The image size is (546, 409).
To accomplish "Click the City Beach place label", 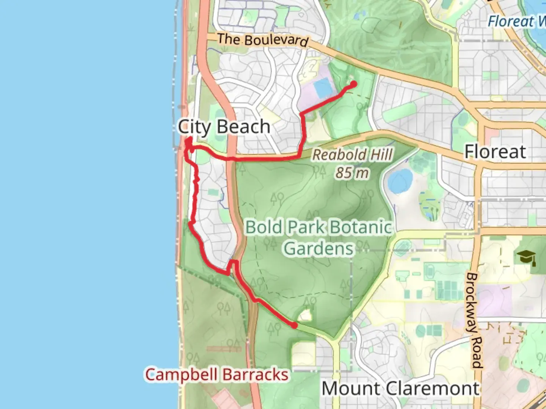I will pos(224,126).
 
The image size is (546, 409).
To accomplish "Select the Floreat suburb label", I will pos(495,151).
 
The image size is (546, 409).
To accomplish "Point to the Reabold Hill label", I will pos(353,155).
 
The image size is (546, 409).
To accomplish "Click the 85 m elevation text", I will pos(352,173).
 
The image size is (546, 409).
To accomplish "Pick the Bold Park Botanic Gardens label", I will pos(318,238).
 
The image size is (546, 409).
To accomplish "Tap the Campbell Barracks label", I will pos(217,375).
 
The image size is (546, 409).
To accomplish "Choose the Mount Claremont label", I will pos(400,389).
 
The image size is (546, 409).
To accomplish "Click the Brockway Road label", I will pos(474,320).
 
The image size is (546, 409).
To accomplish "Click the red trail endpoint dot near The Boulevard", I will pos(354,84).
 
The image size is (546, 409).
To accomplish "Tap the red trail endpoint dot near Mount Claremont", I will pos(294,325).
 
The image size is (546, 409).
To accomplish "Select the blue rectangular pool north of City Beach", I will pos(323,88).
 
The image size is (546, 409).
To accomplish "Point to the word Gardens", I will pos(319,248).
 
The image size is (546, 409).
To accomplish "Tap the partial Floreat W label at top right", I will pos(516,21).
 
